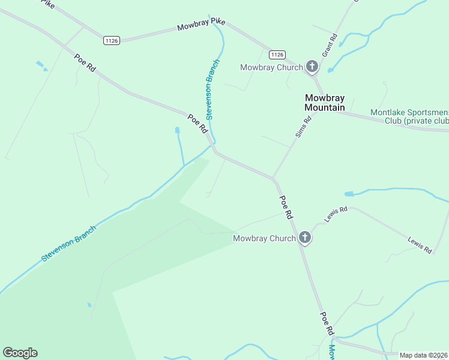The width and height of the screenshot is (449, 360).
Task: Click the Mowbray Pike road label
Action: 201,25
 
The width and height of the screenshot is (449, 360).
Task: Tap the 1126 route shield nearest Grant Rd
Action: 277,54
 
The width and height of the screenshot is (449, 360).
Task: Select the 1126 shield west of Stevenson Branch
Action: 112,40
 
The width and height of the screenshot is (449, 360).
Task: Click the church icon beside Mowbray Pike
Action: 312,67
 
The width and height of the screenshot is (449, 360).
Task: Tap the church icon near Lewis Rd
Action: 304,238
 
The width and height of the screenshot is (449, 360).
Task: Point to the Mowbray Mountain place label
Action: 324,103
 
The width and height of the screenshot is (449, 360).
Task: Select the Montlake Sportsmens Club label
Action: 409,116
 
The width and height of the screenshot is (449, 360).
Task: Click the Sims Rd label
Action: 304,127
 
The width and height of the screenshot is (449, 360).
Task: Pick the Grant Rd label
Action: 330,45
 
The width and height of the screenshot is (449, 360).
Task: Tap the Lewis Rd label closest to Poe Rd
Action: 336,214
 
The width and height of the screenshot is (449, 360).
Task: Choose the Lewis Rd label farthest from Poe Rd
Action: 420,244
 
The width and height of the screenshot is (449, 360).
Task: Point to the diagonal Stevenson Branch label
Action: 68,243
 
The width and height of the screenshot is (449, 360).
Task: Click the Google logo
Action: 20,353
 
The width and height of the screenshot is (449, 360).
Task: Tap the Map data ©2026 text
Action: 424,355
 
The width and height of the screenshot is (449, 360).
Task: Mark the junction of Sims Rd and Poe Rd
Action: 274,178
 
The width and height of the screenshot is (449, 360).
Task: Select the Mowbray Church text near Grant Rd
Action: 271,67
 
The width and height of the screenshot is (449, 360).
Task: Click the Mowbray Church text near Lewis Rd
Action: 264,238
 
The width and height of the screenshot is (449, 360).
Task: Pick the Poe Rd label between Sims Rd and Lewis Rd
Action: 286,206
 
